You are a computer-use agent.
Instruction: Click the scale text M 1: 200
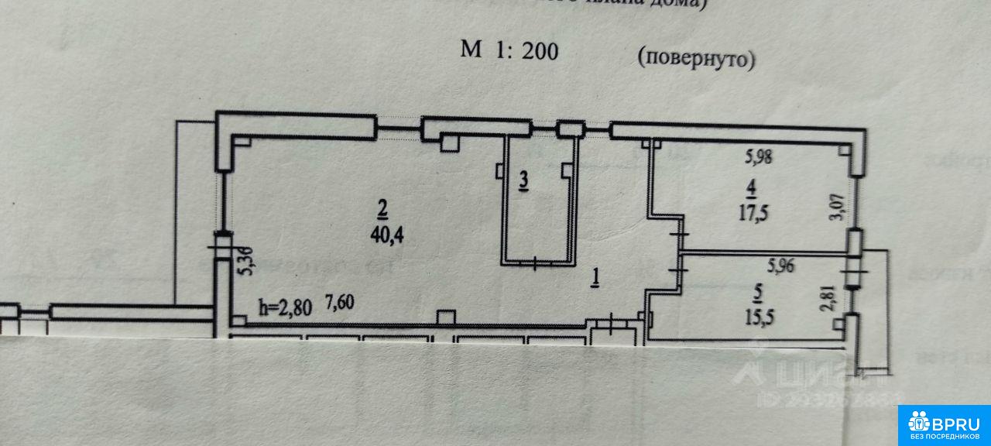pyautogui.click(x=509, y=51)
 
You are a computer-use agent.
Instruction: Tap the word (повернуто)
pyautogui.click(x=695, y=58)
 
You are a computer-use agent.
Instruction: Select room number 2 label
pyautogui.click(x=382, y=208)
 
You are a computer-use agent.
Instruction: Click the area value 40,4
pyautogui.click(x=387, y=235)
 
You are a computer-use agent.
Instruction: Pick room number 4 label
pyautogui.click(x=750, y=188)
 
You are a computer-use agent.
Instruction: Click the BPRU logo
pyautogui.click(x=945, y=424)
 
